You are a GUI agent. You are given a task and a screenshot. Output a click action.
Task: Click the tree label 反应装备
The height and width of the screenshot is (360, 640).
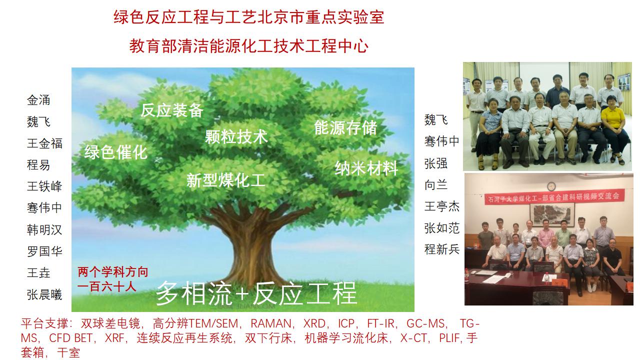(x=171, y=110)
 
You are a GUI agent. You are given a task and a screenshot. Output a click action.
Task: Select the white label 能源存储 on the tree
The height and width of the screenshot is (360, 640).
(x=345, y=127)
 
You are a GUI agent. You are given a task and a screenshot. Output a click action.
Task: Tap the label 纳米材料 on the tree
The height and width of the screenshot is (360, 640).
(x=366, y=168)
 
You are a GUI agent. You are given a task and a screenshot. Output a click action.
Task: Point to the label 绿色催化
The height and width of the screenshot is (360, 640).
(x=115, y=152)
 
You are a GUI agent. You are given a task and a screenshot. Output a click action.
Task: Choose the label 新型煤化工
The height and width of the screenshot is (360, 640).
(x=225, y=180)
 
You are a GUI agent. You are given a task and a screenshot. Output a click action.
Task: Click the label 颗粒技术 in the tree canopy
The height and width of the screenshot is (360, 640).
(x=236, y=136)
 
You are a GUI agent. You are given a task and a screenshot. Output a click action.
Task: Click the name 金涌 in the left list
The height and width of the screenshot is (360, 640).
(x=38, y=100)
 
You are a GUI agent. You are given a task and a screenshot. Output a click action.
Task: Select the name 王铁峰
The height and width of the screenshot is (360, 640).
(x=44, y=186)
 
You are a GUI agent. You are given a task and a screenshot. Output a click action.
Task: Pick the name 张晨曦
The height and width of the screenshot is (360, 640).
(x=44, y=294)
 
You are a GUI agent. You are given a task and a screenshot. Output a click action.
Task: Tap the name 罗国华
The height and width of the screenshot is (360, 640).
(x=44, y=251)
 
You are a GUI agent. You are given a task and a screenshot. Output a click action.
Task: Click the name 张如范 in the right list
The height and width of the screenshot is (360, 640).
(x=442, y=228)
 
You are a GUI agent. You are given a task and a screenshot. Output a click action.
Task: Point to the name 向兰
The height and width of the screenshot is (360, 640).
(x=436, y=185)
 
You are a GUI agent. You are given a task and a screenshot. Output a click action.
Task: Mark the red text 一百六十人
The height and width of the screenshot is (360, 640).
(x=107, y=286)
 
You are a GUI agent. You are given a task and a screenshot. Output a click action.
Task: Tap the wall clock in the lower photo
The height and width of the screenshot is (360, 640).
(x=551, y=186)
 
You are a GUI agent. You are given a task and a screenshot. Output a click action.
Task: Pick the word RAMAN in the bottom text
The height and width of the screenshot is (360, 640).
(x=271, y=323)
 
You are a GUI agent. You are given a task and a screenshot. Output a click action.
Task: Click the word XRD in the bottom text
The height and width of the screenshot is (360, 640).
(x=314, y=323)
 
